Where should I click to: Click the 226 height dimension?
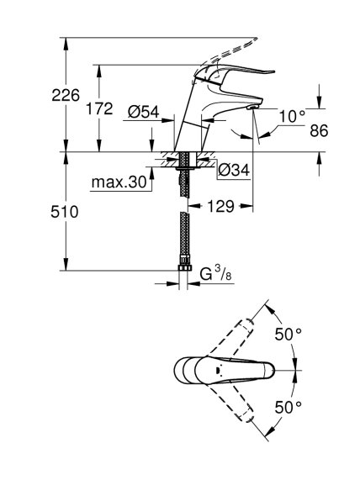point(66,95)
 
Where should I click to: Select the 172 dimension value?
point(99,108)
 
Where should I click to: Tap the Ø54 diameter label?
point(143,112)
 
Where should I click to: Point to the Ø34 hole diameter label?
point(234,170)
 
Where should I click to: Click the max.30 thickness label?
point(119,182)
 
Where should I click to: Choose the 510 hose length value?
point(64,212)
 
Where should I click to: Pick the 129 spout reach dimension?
point(220,206)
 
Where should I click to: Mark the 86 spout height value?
point(319,130)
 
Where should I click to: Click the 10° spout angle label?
point(292,117)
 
